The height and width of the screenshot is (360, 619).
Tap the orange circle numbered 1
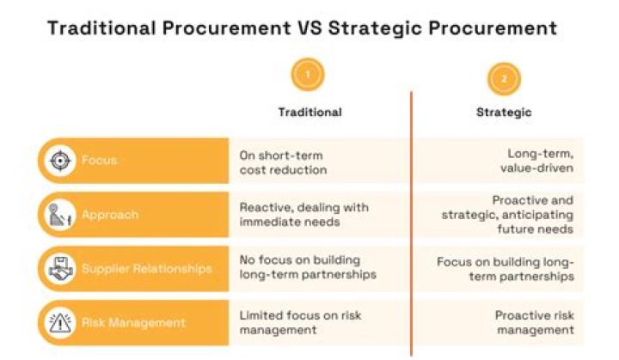tap(309, 76)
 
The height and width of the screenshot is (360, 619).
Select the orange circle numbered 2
tap(504, 78)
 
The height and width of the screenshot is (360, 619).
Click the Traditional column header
tap(309, 112)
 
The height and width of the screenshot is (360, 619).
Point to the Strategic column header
tap(504, 112)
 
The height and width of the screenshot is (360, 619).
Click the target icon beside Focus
tap(59, 161)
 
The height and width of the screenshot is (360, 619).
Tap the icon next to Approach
tap(59, 215)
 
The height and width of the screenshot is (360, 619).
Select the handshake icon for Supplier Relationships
tap(59, 269)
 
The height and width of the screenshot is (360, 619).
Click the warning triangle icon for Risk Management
tap(59, 322)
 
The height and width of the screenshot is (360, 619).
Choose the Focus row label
tap(99, 161)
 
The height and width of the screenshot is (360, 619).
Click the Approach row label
tap(109, 215)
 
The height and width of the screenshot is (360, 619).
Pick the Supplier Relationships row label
tap(146, 269)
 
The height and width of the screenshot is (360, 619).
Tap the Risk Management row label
tap(133, 322)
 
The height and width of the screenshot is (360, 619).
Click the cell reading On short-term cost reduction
tap(283, 162)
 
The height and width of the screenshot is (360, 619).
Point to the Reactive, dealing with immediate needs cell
tap(303, 215)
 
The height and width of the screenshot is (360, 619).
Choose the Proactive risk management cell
tap(534, 322)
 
